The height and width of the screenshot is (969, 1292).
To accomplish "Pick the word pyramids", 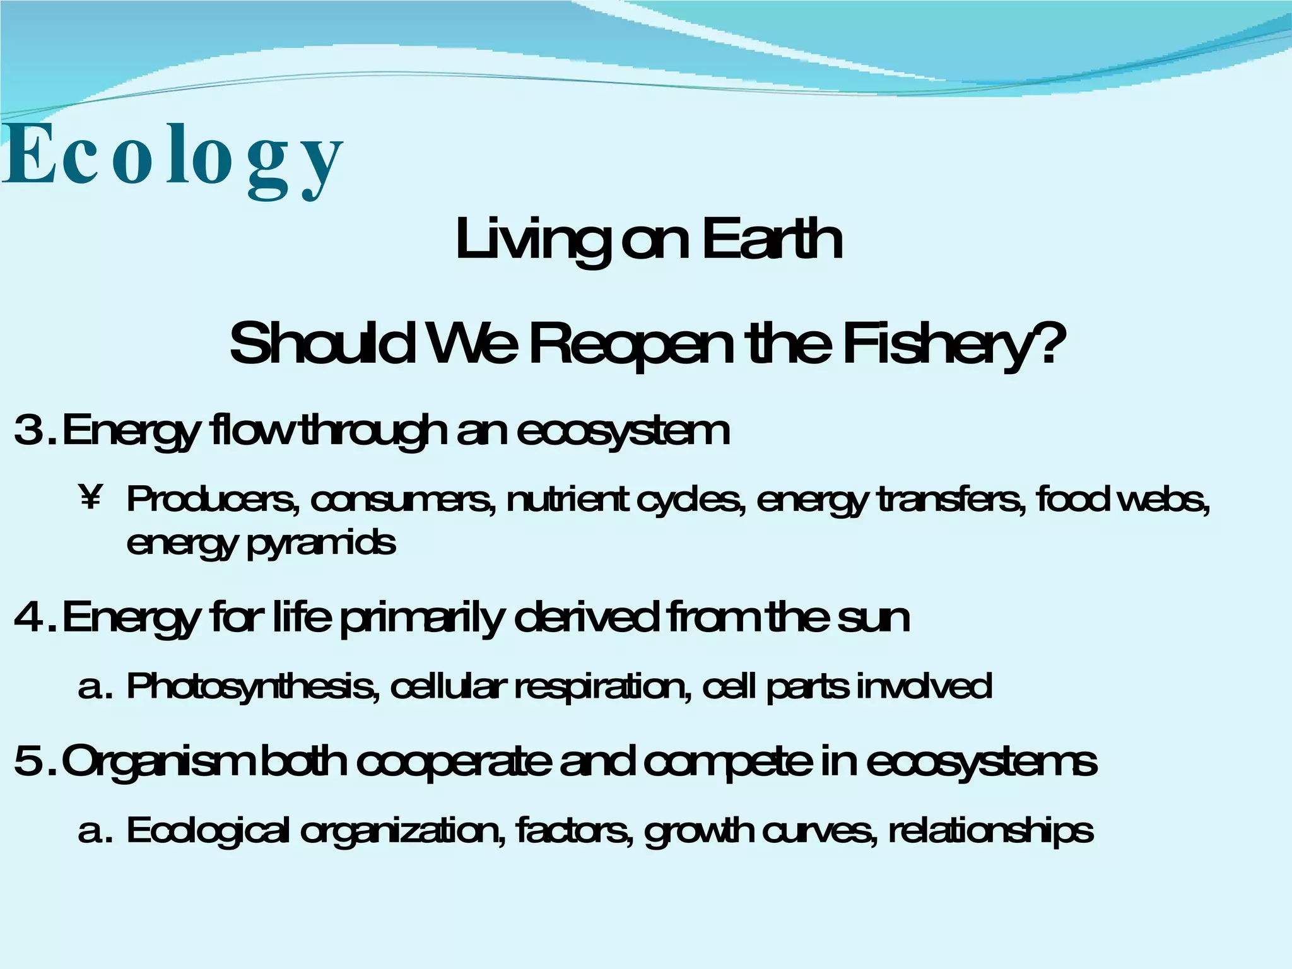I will [x=321, y=543].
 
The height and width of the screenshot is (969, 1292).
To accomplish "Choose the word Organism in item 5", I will [x=158, y=762].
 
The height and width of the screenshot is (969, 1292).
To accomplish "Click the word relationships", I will [x=990, y=831].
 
